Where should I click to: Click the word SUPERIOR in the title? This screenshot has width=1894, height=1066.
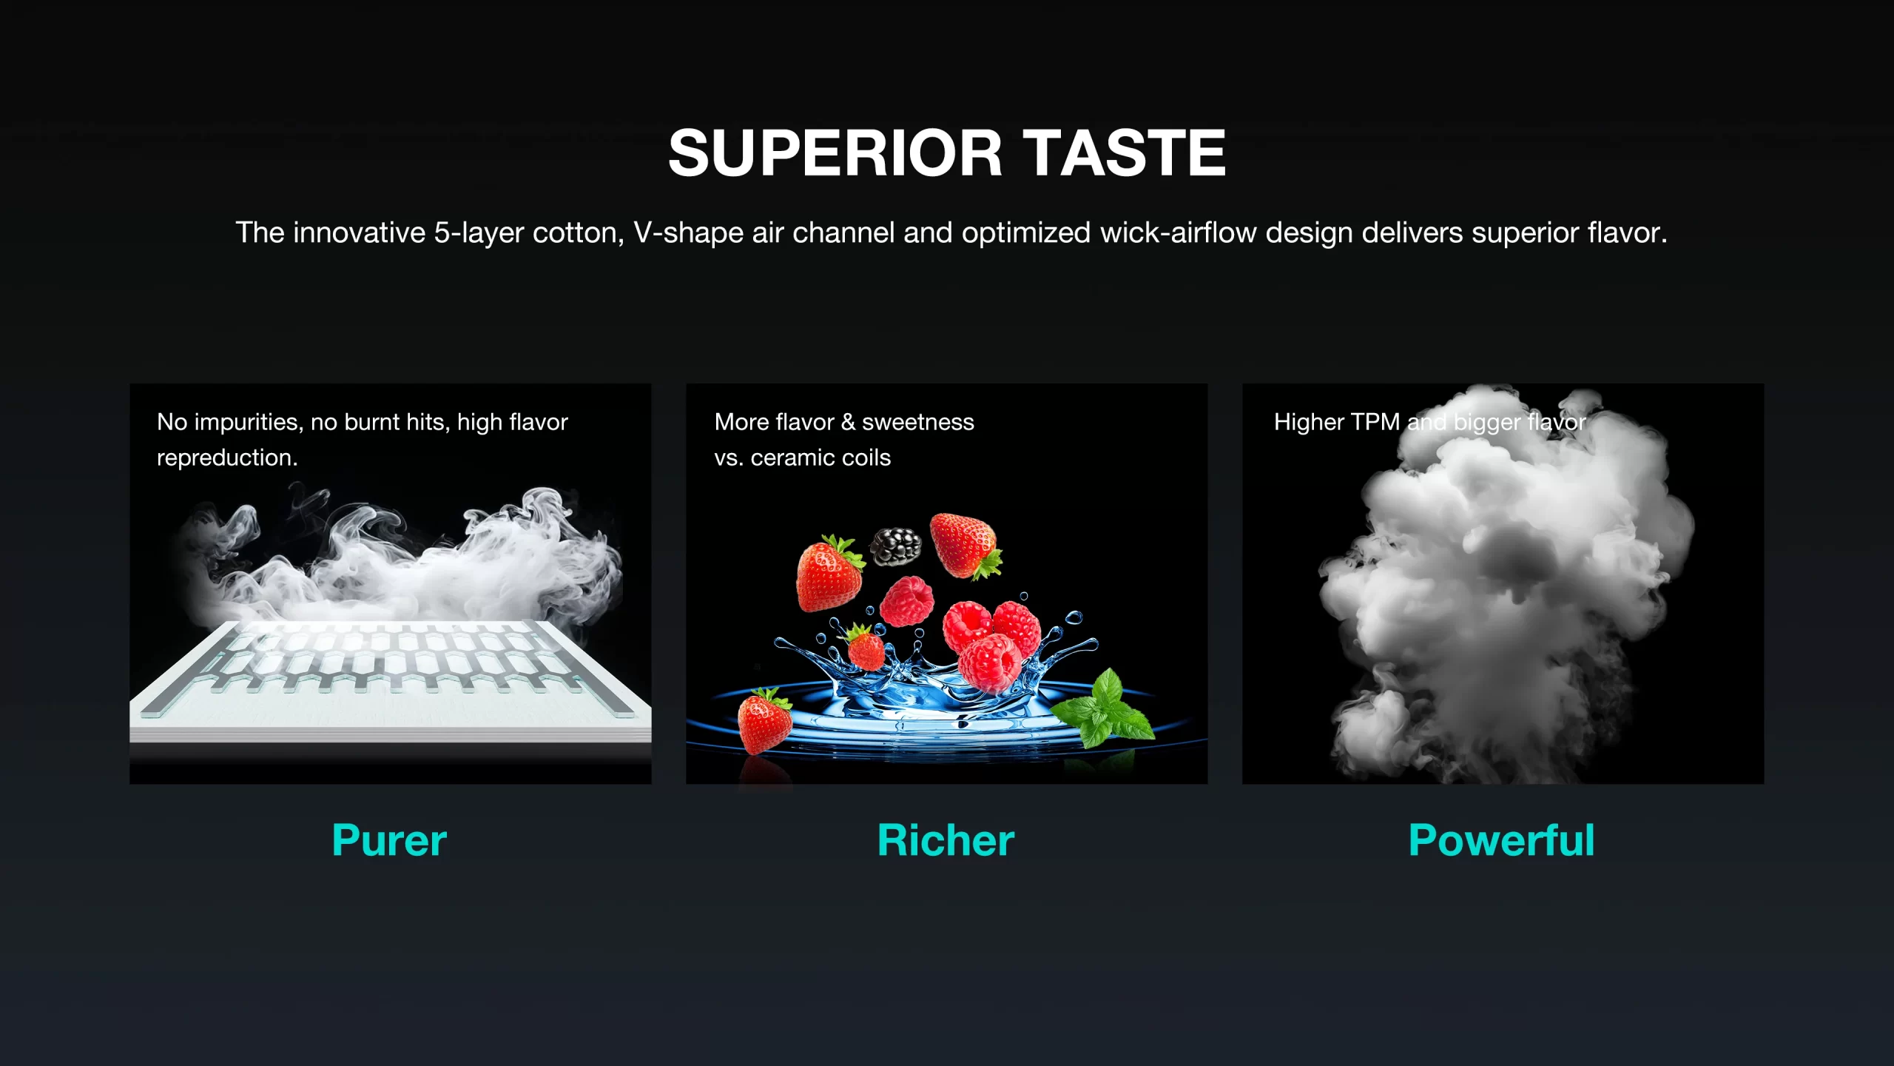pyautogui.click(x=835, y=152)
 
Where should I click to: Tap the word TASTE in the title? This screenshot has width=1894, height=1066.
pyautogui.click(x=1128, y=152)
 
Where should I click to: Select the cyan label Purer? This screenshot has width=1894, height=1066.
pyautogui.click(x=389, y=840)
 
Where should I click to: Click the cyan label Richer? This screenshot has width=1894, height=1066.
pyautogui.click(x=946, y=840)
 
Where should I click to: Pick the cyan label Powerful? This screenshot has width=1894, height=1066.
pyautogui.click(x=1501, y=840)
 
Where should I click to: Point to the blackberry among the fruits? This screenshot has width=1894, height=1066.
pyautogui.click(x=895, y=546)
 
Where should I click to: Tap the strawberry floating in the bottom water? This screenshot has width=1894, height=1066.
pyautogui.click(x=764, y=720)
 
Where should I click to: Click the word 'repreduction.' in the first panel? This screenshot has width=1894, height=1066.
pyautogui.click(x=227, y=458)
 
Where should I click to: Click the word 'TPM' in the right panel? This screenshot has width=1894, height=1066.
pyautogui.click(x=1375, y=422)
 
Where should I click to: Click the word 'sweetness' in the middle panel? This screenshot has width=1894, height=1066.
pyautogui.click(x=918, y=422)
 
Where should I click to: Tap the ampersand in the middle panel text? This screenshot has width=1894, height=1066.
pyautogui.click(x=848, y=422)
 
